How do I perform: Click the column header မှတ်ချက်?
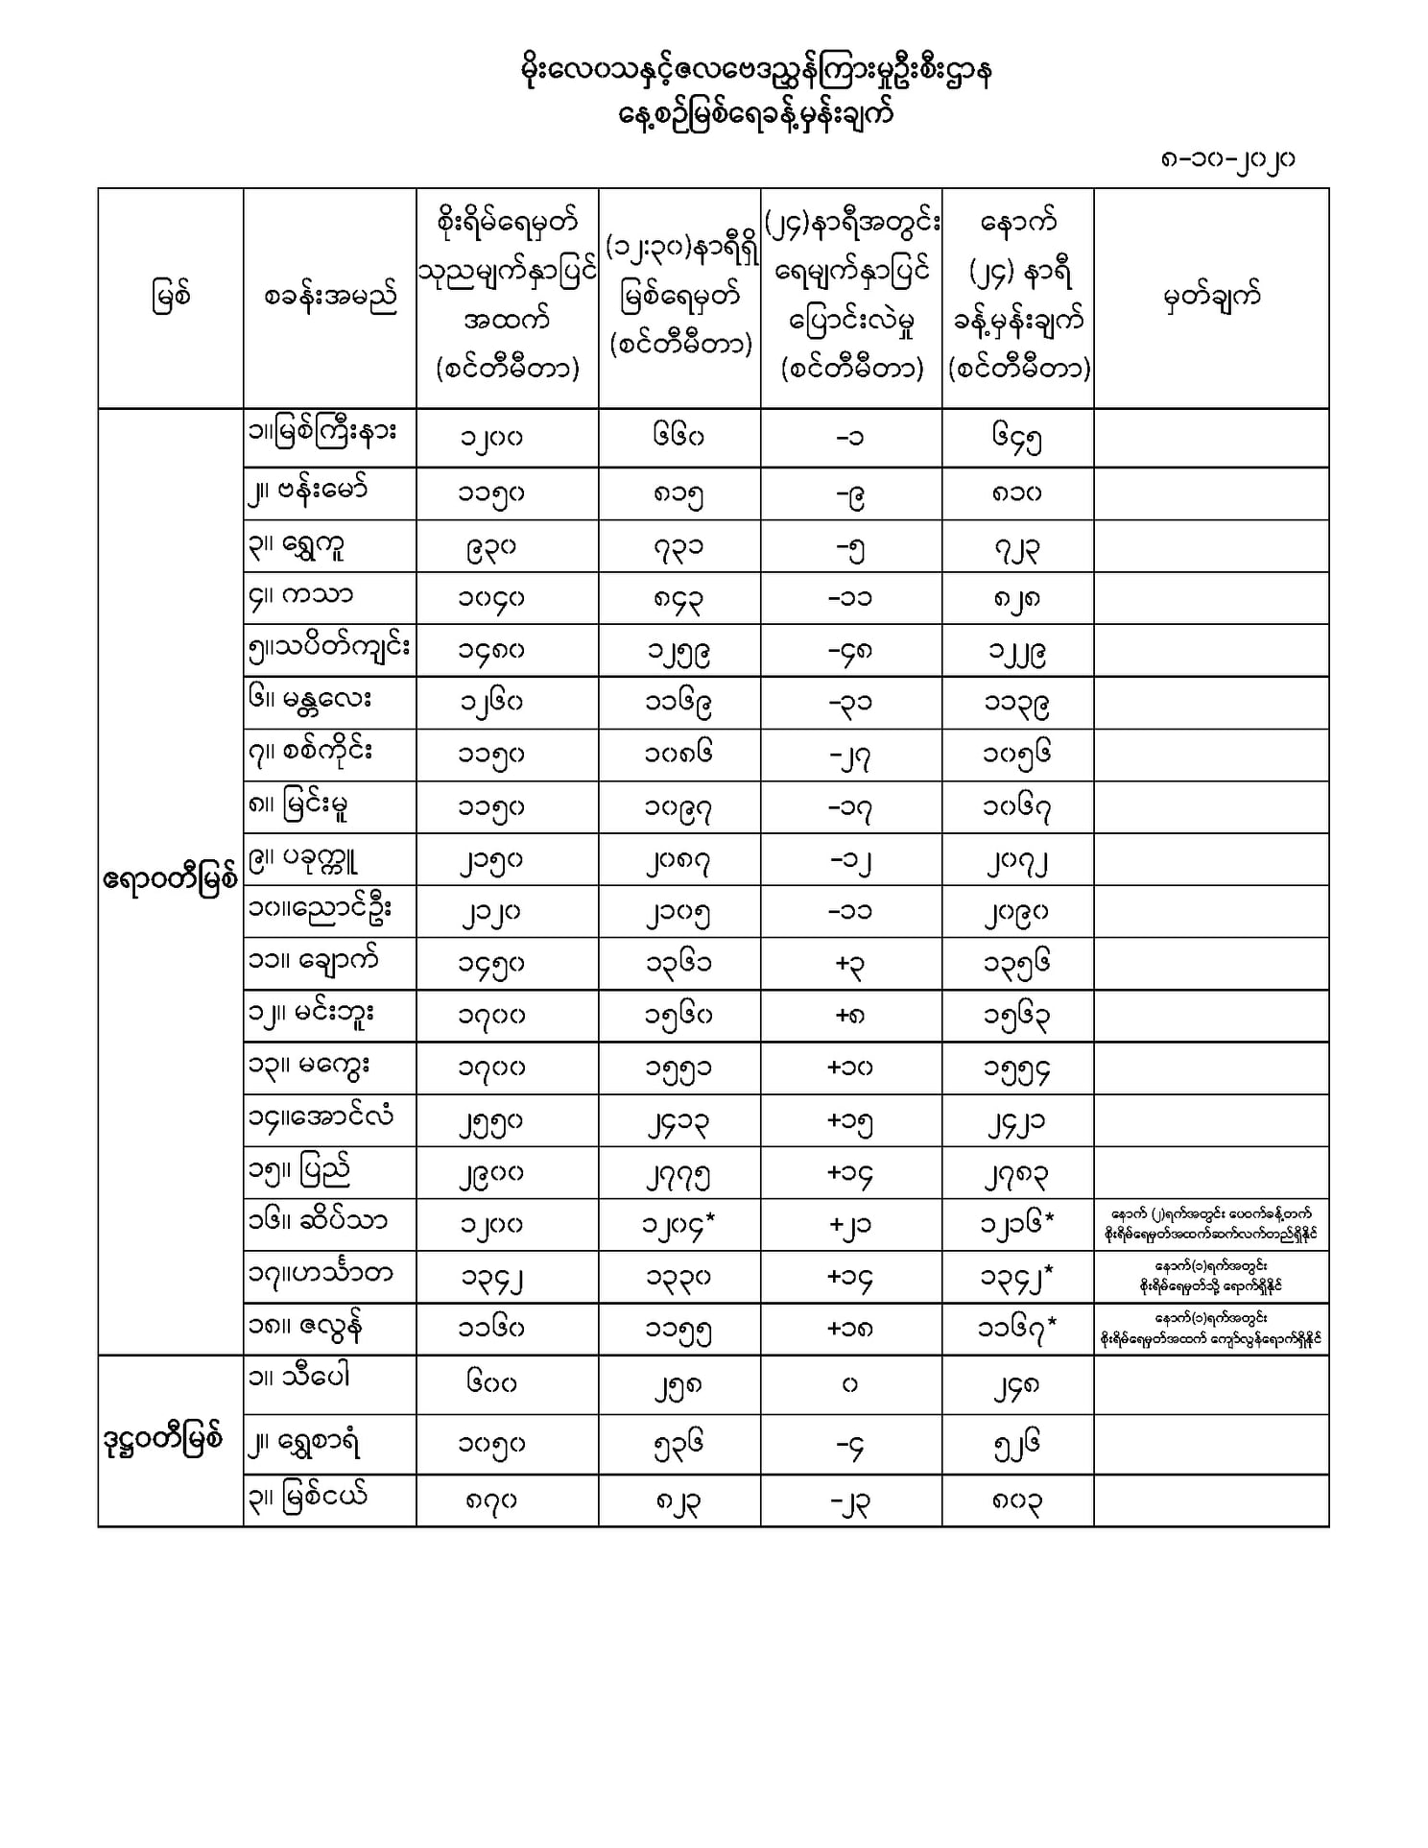[x=1210, y=297]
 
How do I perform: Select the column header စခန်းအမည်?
[x=329, y=297]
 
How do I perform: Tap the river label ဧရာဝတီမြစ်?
[x=170, y=880]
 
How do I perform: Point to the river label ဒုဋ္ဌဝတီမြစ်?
[x=164, y=1440]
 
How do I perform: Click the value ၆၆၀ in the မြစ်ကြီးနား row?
[x=678, y=437]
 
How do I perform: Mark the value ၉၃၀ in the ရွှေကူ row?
[x=490, y=547]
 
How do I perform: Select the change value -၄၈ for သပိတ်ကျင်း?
[x=850, y=651]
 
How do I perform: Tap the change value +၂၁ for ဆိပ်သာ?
[x=850, y=1226]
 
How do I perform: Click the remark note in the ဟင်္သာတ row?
[x=1210, y=1277]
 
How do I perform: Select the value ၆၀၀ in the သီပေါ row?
[x=490, y=1384]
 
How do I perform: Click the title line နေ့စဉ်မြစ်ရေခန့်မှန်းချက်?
[x=755, y=115]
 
